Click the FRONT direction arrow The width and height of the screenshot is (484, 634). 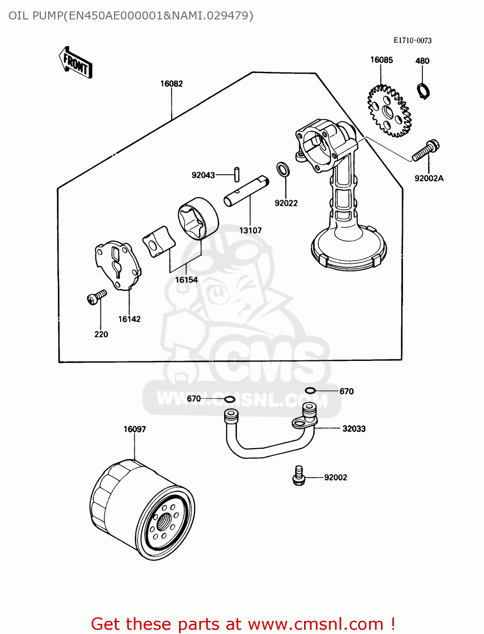coord(75,63)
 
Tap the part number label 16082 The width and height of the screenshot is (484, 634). coord(171,84)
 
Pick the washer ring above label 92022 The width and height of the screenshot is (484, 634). coord(283,169)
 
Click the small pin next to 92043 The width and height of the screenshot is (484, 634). coord(237,174)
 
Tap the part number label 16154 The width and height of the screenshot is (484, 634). coord(186,280)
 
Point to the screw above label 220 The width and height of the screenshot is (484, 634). coord(96,297)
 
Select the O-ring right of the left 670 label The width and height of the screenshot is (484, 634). coord(230,399)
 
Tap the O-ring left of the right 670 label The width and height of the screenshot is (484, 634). coord(310,391)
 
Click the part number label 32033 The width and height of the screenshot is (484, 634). coord(354,429)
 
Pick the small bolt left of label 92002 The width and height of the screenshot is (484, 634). coord(299,476)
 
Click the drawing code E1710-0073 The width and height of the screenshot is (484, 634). coord(412,41)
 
